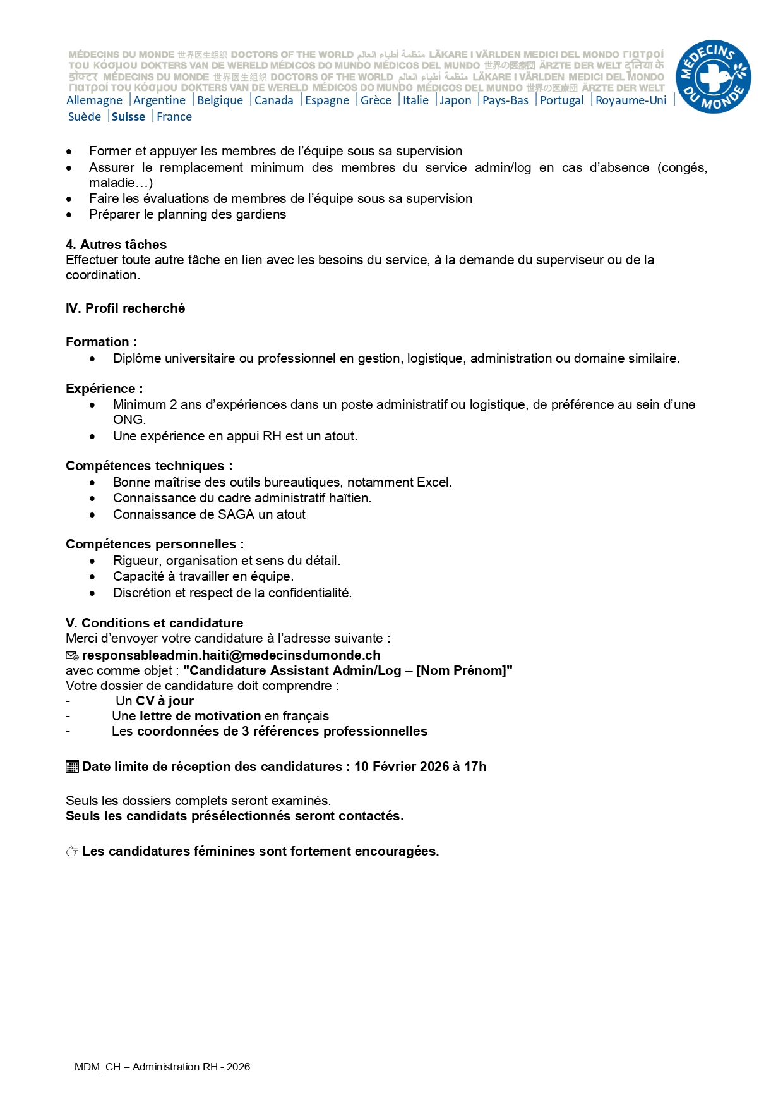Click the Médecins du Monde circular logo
coord(713,77)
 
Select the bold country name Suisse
coord(128,117)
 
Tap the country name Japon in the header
coord(455,100)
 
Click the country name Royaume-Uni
coord(630,100)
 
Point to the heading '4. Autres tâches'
coord(116,245)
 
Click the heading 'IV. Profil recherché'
coord(125,308)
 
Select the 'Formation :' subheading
coord(101,342)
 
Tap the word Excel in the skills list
coord(433,482)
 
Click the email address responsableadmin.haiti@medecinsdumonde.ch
coord(231,655)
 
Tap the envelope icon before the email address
coord(72,656)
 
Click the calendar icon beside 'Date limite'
coord(72,767)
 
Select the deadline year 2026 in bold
coord(434,767)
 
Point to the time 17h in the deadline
coord(475,767)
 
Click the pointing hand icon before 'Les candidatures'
coord(72,852)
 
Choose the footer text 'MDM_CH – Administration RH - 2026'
coord(162,1067)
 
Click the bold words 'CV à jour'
coord(165,701)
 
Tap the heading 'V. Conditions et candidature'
coord(154,623)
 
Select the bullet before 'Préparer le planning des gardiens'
coord(69,215)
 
